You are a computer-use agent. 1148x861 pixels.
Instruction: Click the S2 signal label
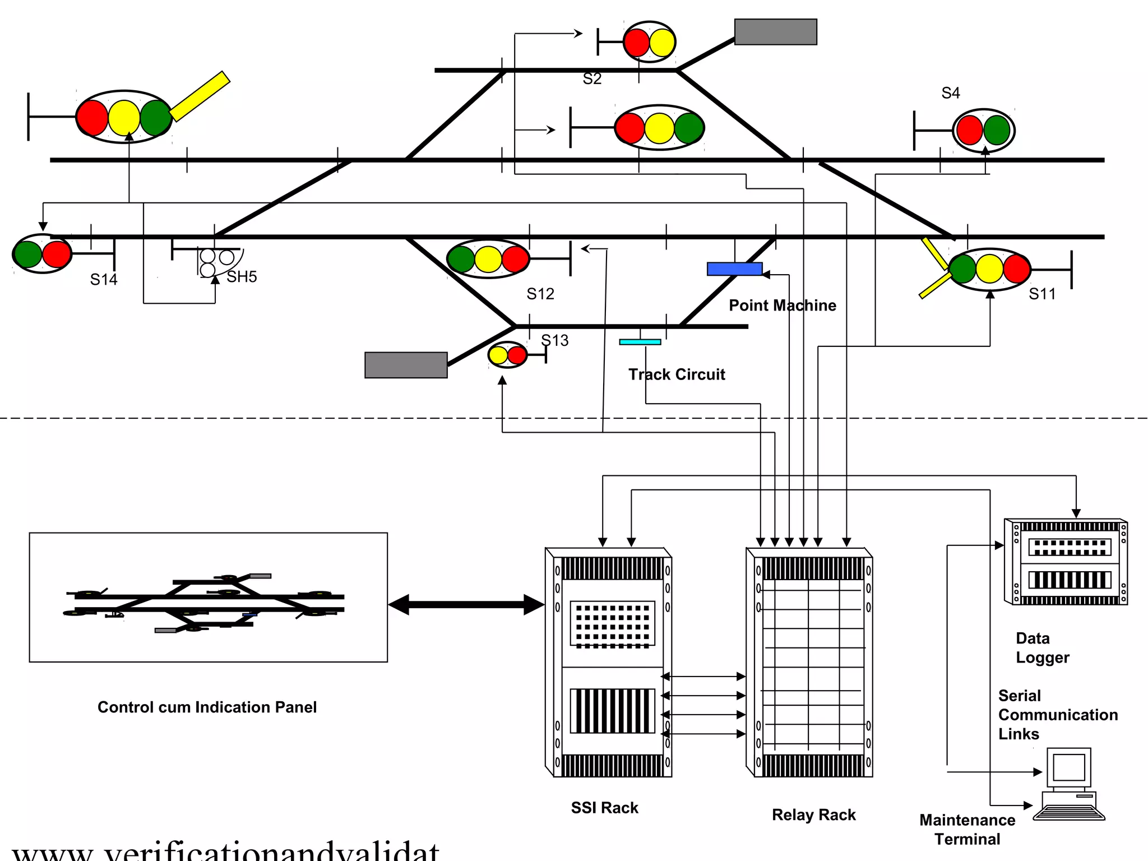592,79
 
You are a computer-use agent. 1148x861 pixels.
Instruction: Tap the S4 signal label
951,93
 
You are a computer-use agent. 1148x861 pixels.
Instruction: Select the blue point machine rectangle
734,269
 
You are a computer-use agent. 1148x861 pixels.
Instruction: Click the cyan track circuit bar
640,342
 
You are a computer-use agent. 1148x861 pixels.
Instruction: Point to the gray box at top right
775,32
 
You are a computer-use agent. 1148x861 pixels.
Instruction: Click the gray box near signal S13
406,365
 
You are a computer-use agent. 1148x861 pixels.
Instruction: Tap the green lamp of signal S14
28,254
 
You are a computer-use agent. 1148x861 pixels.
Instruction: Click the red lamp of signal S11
1016,269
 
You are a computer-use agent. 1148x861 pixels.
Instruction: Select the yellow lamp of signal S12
488,260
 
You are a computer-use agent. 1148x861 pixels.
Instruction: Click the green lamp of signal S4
996,131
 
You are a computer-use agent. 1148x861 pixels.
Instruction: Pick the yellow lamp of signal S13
498,355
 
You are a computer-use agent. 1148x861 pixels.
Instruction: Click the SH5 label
242,277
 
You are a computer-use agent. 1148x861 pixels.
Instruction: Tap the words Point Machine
782,305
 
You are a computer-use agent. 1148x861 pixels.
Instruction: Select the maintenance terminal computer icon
1069,785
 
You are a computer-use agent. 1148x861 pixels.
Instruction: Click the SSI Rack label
604,808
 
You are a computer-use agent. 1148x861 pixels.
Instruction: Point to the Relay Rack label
813,815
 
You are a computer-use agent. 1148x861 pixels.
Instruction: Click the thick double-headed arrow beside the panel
466,605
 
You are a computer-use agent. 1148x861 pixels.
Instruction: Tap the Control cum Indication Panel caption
207,707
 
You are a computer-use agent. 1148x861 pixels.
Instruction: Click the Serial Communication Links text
1057,715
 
